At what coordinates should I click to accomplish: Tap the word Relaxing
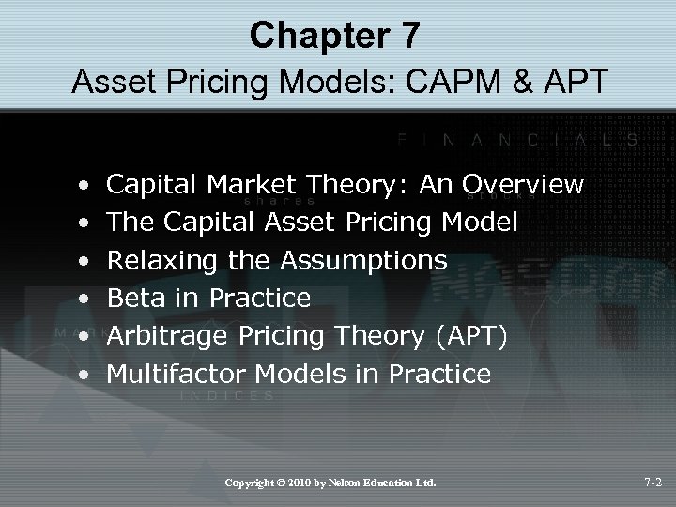pyautogui.click(x=165, y=260)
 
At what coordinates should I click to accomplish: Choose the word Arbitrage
pyautogui.click(x=170, y=336)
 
